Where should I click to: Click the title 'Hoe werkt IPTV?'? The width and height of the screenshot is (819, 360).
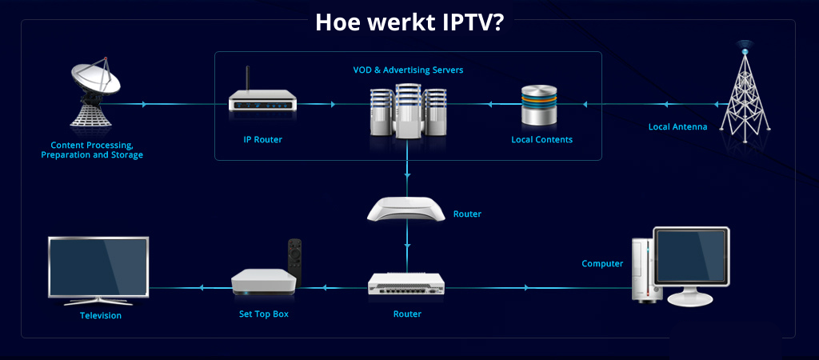[409, 21]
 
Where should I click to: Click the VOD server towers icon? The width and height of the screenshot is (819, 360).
[408, 112]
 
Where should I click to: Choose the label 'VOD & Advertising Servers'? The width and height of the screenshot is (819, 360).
[408, 70]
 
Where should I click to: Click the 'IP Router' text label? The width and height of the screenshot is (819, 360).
[262, 140]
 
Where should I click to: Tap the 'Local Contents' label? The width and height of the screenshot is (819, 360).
[541, 140]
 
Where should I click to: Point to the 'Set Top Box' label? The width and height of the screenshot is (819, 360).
[264, 314]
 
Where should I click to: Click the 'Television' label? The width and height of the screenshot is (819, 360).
[101, 315]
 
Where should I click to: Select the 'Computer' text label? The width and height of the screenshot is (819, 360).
[602, 264]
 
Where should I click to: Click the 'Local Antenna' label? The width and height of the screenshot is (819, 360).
[677, 126]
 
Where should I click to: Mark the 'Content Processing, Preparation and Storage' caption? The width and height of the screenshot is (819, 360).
[92, 150]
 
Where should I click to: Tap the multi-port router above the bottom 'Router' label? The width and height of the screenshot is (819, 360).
[407, 284]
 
